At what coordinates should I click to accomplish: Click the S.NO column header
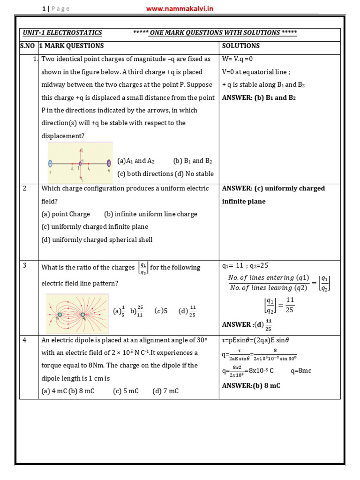[28, 46]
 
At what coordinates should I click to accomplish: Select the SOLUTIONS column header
[240, 46]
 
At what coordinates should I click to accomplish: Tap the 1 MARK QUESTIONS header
[71, 46]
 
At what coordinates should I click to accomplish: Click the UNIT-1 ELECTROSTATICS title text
[63, 33]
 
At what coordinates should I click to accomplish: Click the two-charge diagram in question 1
[80, 162]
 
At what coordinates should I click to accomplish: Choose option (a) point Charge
[66, 214]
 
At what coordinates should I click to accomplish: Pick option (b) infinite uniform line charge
[150, 214]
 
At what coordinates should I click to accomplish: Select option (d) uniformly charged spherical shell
[97, 240]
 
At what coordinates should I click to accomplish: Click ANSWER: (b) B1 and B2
[259, 98]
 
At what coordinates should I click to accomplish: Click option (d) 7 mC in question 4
[165, 391]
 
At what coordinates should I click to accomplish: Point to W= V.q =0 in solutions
[238, 59]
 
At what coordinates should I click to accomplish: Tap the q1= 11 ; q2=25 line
[245, 266]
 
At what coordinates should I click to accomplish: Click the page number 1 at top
[43, 9]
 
